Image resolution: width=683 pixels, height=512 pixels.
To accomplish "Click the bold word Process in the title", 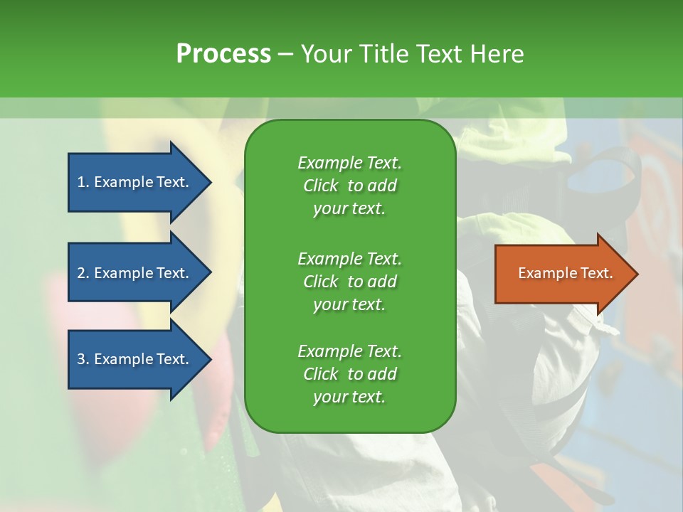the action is (x=223, y=53).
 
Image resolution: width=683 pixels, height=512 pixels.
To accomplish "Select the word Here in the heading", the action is (x=497, y=53).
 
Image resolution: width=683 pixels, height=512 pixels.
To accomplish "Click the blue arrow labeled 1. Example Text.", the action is (x=139, y=182).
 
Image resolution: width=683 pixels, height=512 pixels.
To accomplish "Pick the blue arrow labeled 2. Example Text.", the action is (x=139, y=272).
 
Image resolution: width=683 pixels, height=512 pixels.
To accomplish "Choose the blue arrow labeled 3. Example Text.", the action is (x=139, y=359).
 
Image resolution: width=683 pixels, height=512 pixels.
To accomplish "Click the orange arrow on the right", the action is (x=566, y=273).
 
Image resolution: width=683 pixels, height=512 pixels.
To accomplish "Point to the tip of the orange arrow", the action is (x=638, y=274).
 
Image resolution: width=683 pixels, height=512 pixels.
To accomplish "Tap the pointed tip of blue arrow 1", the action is (x=211, y=183).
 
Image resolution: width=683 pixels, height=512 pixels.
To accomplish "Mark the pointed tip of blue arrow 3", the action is (x=211, y=360).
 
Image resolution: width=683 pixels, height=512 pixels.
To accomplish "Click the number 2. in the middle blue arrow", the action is (x=84, y=273).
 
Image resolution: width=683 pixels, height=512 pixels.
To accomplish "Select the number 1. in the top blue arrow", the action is (x=84, y=182).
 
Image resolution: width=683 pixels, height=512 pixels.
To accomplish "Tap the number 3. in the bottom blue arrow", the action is (x=84, y=359).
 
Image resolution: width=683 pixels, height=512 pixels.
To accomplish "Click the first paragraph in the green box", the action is (x=350, y=186).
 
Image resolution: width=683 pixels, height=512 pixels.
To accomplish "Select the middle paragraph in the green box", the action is (x=350, y=282).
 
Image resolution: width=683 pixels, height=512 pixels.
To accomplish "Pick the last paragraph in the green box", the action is (x=350, y=373).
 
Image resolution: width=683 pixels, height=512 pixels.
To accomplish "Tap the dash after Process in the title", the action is (x=285, y=55).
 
